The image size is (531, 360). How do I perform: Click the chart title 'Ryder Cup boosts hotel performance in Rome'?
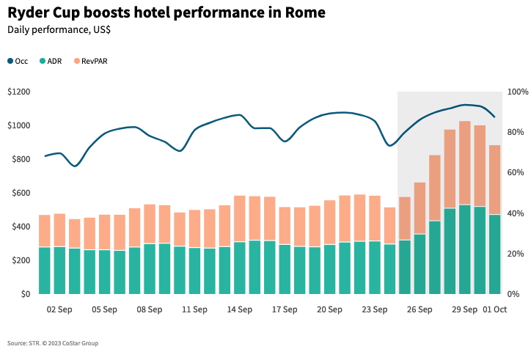[x=166, y=13]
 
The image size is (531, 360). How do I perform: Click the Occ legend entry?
[x=18, y=62]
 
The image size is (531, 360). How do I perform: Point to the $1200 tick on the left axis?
[x=18, y=92]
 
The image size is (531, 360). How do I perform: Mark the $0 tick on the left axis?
[x=26, y=294]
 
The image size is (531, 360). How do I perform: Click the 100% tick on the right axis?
[x=518, y=92]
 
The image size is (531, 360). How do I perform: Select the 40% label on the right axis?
[x=516, y=213]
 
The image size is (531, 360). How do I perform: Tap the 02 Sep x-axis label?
[x=59, y=309]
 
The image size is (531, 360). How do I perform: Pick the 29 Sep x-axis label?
[x=464, y=309]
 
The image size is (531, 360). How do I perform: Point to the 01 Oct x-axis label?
[x=494, y=309]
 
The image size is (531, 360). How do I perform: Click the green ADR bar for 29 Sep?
[x=464, y=249]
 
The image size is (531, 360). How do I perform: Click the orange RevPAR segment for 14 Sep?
[x=239, y=218]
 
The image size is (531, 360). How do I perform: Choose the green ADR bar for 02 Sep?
[x=59, y=270]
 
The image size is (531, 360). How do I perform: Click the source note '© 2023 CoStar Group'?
[x=72, y=343]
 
